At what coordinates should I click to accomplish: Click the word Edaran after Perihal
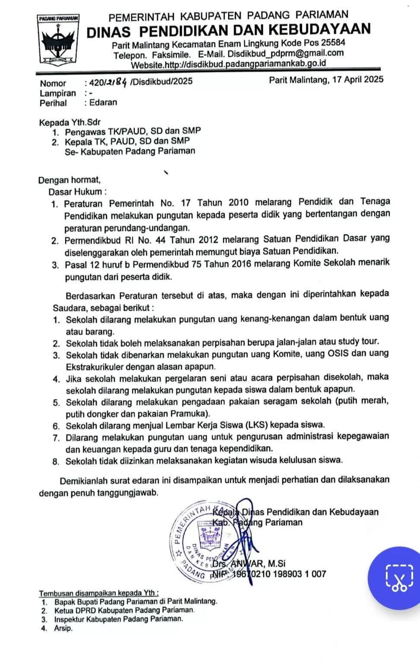click(103, 102)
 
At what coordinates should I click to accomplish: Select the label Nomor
click(53, 83)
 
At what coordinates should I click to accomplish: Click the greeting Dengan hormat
click(69, 179)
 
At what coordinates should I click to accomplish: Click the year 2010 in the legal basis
click(239, 202)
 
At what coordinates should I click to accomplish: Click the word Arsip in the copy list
click(63, 628)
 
